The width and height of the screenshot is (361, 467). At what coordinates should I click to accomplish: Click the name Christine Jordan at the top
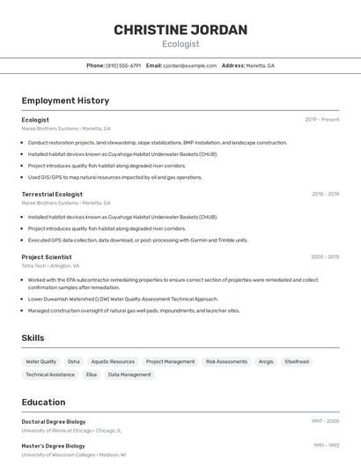(180, 30)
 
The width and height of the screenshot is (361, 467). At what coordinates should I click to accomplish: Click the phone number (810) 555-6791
(122, 65)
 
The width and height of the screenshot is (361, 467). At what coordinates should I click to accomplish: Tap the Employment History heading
(65, 100)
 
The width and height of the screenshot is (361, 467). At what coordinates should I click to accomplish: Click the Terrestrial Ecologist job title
(52, 194)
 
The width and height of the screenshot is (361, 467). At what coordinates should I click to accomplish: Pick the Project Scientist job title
(47, 256)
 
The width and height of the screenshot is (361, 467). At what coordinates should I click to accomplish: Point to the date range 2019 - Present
(321, 119)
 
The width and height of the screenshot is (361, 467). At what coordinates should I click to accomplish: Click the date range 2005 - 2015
(324, 256)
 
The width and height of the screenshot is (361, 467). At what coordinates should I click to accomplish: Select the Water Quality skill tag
(41, 361)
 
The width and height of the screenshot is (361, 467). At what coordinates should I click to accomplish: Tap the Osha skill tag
(73, 361)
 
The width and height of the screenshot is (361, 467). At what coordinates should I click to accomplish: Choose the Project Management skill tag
(170, 361)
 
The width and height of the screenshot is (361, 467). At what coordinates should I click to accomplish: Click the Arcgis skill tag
(266, 361)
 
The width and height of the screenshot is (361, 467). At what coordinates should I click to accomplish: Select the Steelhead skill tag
(297, 361)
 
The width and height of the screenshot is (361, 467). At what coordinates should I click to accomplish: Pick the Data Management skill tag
(129, 374)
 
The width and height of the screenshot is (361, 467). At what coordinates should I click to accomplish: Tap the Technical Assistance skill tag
(50, 374)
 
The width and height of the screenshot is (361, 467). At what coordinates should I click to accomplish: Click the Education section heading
(43, 402)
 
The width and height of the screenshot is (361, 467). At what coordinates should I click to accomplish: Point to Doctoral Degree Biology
(54, 421)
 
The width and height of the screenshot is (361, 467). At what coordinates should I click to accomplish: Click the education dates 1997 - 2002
(324, 421)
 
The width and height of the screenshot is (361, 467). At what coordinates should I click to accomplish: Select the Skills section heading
(33, 337)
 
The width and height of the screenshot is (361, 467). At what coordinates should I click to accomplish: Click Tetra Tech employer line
(50, 265)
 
